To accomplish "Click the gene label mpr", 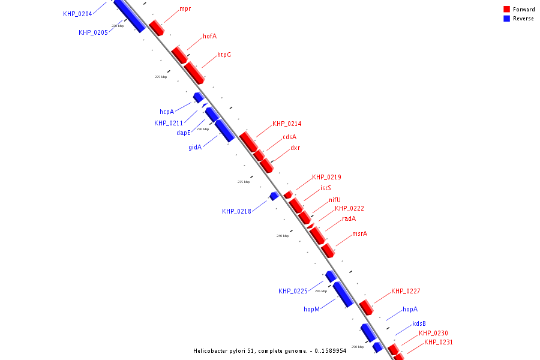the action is pyautogui.click(x=185, y=9).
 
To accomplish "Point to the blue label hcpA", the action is pyautogui.click(x=166, y=112).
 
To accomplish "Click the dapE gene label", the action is pyautogui.click(x=183, y=133).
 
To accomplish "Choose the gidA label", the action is pyautogui.click(x=195, y=147).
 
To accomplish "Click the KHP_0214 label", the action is pyautogui.click(x=287, y=124).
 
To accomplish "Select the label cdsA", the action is pyautogui.click(x=289, y=137).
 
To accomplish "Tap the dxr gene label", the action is pyautogui.click(x=295, y=148).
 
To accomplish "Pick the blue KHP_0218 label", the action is pyautogui.click(x=236, y=211).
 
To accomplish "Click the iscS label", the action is pyautogui.click(x=325, y=188).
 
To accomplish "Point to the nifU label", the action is pyautogui.click(x=334, y=200).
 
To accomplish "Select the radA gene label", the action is pyautogui.click(x=349, y=218).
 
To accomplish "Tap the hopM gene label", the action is pyautogui.click(x=311, y=309).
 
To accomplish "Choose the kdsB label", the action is pyautogui.click(x=419, y=323).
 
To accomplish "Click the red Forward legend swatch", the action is pyautogui.click(x=506, y=9).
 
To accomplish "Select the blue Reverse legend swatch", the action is pyautogui.click(x=506, y=19).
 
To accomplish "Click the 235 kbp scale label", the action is pyautogui.click(x=244, y=182).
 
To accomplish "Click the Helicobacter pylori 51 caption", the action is pyautogui.click(x=269, y=351).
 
